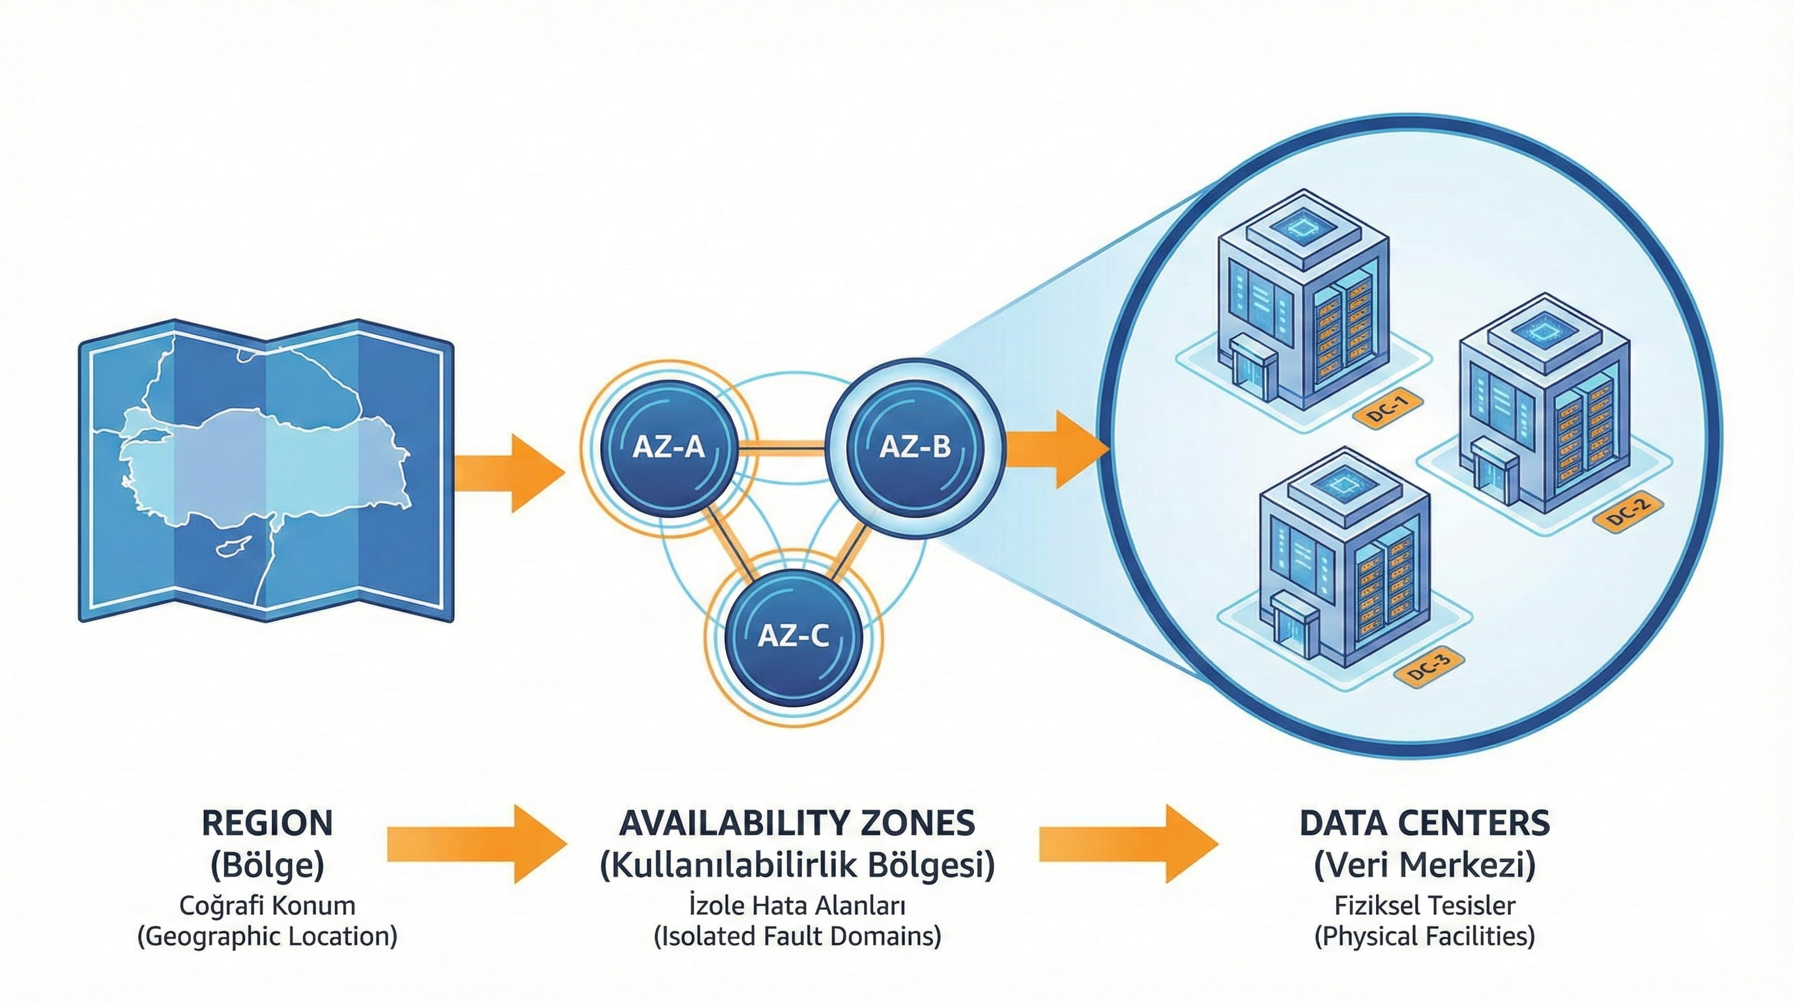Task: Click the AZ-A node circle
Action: click(x=668, y=447)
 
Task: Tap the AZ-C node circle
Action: click(x=793, y=634)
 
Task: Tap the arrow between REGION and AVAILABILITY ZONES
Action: click(x=477, y=844)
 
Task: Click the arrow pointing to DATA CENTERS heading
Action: click(x=1128, y=844)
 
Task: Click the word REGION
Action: click(x=267, y=823)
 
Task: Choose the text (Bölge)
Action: click(x=267, y=865)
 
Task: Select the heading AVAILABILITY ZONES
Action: click(x=797, y=823)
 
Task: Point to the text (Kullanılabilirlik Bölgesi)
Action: click(x=797, y=865)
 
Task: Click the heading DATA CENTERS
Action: click(x=1425, y=823)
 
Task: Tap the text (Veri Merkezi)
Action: click(x=1425, y=865)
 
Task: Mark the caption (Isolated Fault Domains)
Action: click(x=797, y=936)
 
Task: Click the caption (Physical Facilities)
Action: click(x=1425, y=936)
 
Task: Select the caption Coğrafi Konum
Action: click(x=267, y=906)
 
